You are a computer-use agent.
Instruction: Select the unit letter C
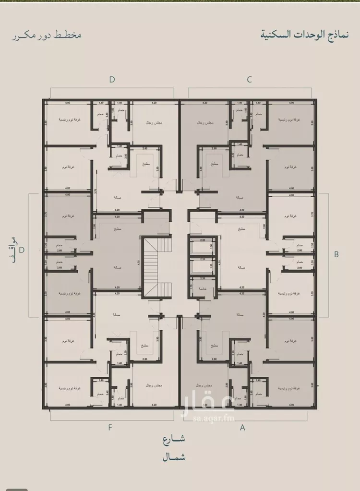250,80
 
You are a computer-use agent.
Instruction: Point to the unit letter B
336,254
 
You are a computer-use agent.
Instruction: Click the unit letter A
242,427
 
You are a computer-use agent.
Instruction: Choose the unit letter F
110,427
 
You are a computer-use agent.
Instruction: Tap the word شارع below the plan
173,439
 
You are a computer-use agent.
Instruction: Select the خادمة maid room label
202,288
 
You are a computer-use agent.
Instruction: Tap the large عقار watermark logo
207,402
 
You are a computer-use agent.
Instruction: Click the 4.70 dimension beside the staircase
138,263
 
